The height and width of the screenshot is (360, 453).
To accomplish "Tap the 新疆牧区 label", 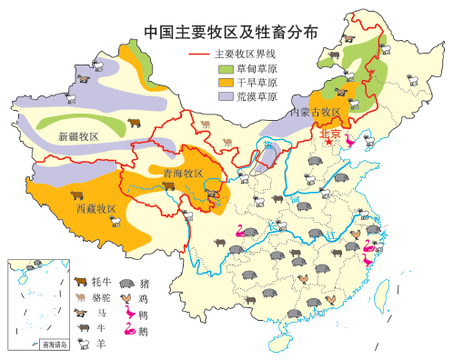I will tap(77, 137).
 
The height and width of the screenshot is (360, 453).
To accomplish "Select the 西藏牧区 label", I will tap(96, 209).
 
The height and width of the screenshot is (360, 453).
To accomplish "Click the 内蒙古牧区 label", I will tap(314, 112).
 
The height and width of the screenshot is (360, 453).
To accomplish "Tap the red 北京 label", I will tap(329, 135).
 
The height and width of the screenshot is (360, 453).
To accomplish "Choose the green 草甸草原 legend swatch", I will tap(225, 67).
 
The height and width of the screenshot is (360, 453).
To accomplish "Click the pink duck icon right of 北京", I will tap(367, 141).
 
